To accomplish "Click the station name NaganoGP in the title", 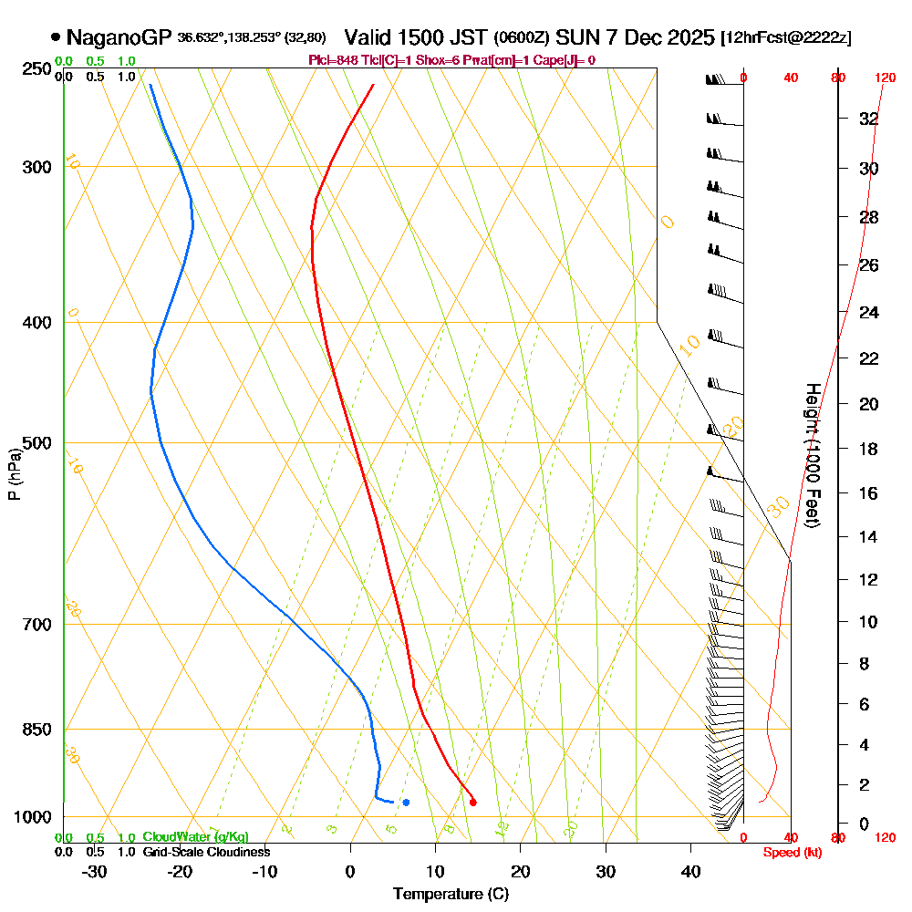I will tap(119, 37).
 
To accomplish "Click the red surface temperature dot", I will tap(472, 803).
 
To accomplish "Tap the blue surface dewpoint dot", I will tap(406, 803).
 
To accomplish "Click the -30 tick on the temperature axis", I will tap(95, 871).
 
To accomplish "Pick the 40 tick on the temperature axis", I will tap(690, 871).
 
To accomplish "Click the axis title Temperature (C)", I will tap(451, 894).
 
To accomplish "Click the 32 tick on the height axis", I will tap(868, 119).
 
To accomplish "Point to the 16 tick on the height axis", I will tap(868, 493).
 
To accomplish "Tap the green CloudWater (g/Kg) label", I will tap(195, 837).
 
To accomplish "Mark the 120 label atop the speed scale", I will tap(884, 78).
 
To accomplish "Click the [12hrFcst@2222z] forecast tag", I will tap(785, 38).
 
